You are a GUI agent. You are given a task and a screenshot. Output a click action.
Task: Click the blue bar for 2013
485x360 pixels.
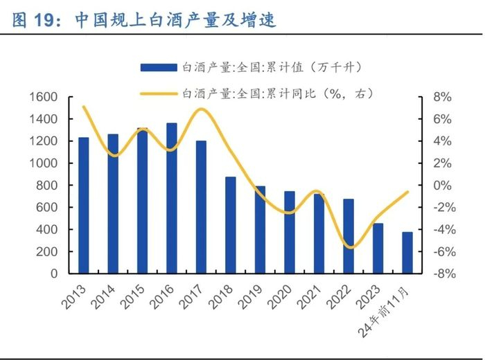tap(83, 205)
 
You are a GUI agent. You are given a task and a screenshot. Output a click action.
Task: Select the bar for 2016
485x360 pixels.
tap(172, 198)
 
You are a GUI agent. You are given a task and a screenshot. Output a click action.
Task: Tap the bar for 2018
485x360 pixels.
tap(231, 225)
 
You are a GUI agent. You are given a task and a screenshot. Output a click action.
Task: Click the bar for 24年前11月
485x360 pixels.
tap(407, 253)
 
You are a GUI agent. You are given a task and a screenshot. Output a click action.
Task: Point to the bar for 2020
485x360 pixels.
tap(290, 232)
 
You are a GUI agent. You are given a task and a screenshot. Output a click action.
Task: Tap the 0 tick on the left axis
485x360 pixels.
tap(53, 273)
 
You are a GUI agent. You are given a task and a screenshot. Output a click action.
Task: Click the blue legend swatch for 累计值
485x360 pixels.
tap(158, 67)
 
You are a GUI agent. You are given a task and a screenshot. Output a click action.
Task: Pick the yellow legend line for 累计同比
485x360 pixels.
tap(158, 92)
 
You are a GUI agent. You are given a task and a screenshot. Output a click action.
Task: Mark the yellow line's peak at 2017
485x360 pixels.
tap(201, 109)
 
